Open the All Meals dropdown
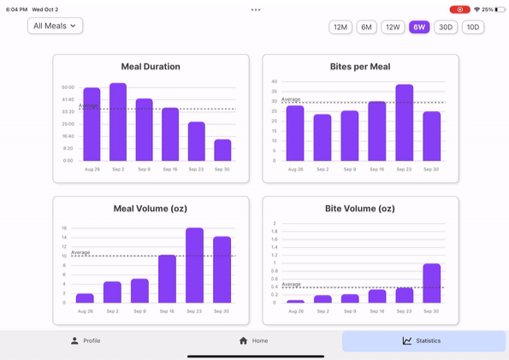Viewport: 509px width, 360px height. pyautogui.click(x=55, y=27)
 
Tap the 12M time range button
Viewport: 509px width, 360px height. pyautogui.click(x=340, y=27)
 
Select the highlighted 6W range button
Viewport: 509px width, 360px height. pyautogui.click(x=419, y=27)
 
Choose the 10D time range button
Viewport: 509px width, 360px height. pyautogui.click(x=472, y=27)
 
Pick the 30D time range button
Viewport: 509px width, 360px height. pyautogui.click(x=446, y=27)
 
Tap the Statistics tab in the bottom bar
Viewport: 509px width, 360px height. pyautogui.click(x=423, y=341)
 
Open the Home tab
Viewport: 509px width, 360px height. pyautogui.click(x=254, y=341)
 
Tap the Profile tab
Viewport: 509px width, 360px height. pyautogui.click(x=86, y=341)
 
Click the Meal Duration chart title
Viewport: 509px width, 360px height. pyautogui.click(x=151, y=67)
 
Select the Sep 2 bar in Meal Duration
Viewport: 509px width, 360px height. pyautogui.click(x=118, y=122)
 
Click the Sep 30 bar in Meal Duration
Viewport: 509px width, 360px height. pyautogui.click(x=222, y=150)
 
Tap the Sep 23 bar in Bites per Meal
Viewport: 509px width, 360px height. pyautogui.click(x=405, y=123)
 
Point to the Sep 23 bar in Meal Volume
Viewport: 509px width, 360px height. pyautogui.click(x=194, y=265)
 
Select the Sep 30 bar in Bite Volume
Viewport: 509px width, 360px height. pyautogui.click(x=432, y=283)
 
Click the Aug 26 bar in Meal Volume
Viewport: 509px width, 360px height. pyautogui.click(x=85, y=298)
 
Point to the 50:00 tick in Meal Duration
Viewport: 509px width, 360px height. pyautogui.click(x=68, y=87)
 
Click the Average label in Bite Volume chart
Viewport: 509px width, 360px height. pyautogui.click(x=292, y=284)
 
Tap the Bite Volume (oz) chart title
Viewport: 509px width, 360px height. pyautogui.click(x=360, y=209)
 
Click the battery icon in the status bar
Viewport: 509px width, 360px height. pyautogui.click(x=500, y=9)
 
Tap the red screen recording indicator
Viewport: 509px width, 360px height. pyautogui.click(x=459, y=9)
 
